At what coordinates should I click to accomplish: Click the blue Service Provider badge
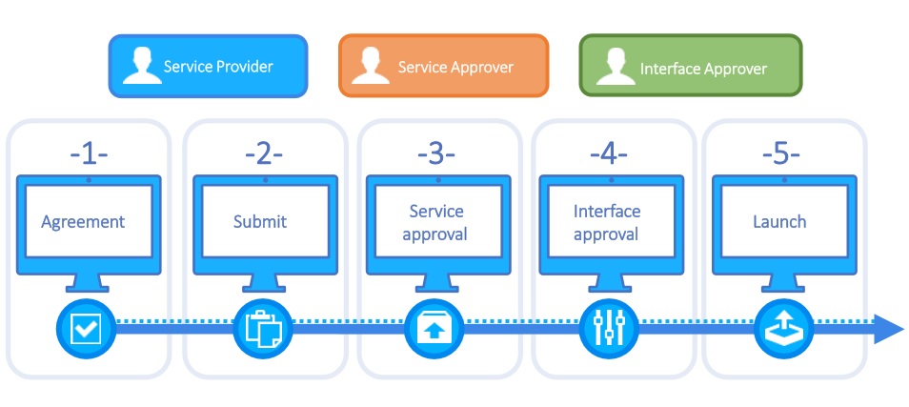click(208, 67)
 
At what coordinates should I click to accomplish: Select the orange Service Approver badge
click(443, 67)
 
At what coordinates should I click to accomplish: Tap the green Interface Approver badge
click(690, 69)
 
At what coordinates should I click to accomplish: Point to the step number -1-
click(88, 153)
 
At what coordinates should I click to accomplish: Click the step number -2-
click(263, 153)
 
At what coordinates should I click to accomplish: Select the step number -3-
click(436, 153)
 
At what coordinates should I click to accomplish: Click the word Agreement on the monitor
click(83, 222)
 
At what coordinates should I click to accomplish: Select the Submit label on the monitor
click(260, 222)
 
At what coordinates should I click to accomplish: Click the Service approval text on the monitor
click(435, 222)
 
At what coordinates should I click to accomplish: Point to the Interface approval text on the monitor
click(607, 222)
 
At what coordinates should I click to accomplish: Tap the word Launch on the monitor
click(779, 222)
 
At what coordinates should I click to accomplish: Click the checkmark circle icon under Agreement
click(85, 329)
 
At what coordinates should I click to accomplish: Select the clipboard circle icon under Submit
click(262, 329)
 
